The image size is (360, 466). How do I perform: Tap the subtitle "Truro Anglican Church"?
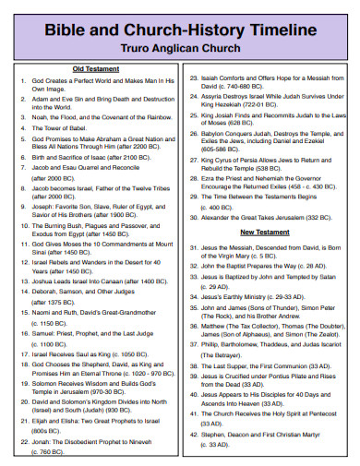[180, 46]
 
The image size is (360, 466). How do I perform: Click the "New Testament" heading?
[267, 232]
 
